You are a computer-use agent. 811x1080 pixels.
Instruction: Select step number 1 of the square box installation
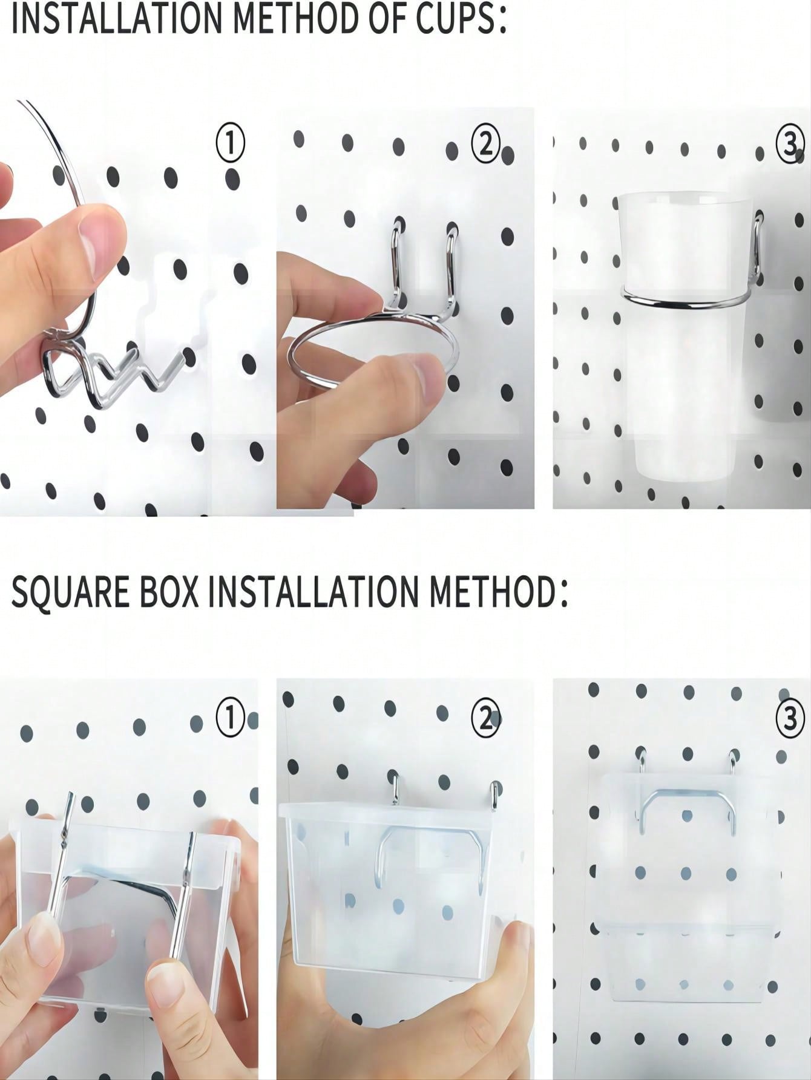231,718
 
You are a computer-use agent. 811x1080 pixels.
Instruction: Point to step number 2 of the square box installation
485,718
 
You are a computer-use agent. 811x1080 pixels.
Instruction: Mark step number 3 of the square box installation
790,719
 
